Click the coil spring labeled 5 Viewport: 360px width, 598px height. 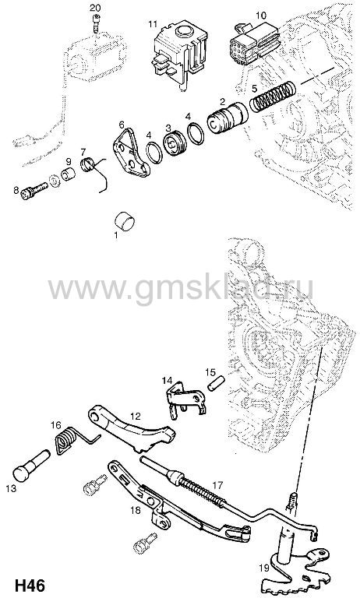coord(273,97)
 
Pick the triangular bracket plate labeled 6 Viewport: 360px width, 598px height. coord(130,153)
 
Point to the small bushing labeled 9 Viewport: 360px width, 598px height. coord(69,174)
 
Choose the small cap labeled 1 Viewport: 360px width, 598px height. coord(125,222)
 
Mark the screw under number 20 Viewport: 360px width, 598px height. coord(96,24)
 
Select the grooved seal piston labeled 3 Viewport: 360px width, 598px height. coord(174,143)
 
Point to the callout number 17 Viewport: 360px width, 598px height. coord(217,485)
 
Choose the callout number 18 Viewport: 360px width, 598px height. coord(136,510)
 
